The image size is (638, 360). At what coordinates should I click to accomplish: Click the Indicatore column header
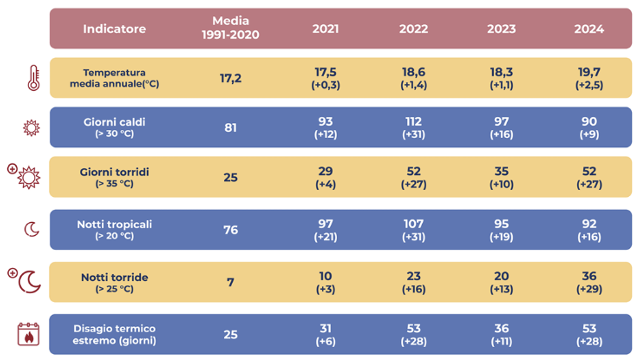[114, 29]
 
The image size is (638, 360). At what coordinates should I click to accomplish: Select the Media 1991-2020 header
[230, 28]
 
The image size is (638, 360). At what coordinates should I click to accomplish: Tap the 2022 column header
[413, 29]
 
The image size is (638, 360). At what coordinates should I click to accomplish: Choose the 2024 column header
[589, 29]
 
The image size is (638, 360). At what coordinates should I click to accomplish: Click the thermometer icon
[34, 78]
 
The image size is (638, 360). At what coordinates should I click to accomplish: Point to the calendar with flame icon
[28, 334]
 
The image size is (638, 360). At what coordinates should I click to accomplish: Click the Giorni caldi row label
[114, 127]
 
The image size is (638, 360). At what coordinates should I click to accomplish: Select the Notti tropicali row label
[114, 230]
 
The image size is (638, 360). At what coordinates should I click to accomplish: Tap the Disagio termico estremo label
[114, 334]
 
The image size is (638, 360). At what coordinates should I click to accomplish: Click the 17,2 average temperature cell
[230, 78]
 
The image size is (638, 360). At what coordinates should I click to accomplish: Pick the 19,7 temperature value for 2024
[589, 72]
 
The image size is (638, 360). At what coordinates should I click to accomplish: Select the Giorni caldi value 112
[413, 122]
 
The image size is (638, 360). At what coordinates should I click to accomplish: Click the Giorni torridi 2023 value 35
[501, 172]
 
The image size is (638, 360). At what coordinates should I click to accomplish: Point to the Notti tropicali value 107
[413, 224]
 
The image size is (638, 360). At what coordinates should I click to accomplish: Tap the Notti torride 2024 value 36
[589, 276]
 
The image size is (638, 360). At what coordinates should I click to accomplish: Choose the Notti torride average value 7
[230, 282]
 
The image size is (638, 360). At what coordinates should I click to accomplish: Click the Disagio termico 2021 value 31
[325, 329]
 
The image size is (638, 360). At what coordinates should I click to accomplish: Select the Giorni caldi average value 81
[230, 128]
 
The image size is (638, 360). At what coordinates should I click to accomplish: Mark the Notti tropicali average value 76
[230, 230]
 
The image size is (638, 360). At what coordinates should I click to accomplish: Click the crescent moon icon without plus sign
[32, 229]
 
